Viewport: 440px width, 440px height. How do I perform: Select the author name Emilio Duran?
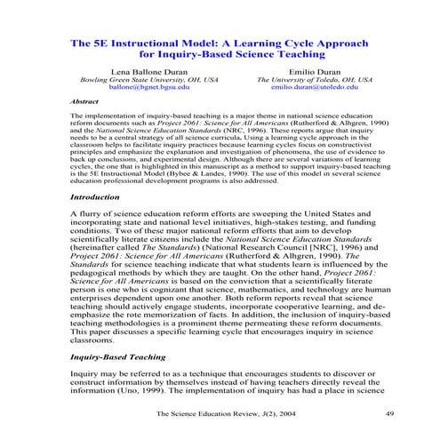click(x=315, y=69)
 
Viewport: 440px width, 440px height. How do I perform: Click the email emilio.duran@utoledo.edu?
click(x=315, y=89)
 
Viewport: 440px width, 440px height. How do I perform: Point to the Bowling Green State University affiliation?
click(x=148, y=79)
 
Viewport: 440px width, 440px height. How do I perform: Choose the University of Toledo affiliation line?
click(x=315, y=79)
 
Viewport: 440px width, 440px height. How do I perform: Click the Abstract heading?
click(x=84, y=102)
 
